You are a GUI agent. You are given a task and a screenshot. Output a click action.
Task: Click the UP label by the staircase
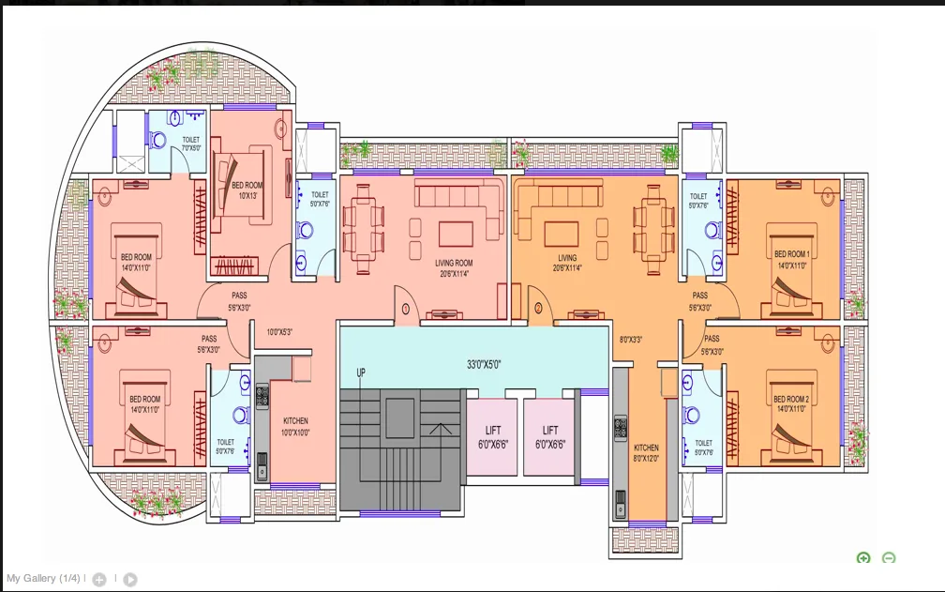(x=360, y=373)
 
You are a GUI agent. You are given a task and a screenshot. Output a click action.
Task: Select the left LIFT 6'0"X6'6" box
(x=492, y=437)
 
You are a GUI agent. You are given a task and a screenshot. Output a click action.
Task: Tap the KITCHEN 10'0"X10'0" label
(x=295, y=427)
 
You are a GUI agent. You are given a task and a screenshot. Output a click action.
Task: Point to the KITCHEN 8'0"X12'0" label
(x=646, y=453)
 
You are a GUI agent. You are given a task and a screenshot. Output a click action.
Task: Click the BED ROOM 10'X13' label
(x=247, y=190)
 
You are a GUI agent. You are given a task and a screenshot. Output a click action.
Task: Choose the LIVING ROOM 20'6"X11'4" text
(x=454, y=268)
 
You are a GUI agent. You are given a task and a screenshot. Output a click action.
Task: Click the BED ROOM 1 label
(x=791, y=259)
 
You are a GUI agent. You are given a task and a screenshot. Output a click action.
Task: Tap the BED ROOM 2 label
(x=791, y=404)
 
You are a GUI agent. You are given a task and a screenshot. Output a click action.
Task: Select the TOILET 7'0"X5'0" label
(x=190, y=144)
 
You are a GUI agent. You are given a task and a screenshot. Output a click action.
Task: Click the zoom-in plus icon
(x=863, y=558)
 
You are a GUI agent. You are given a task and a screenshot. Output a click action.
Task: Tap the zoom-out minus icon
(x=889, y=558)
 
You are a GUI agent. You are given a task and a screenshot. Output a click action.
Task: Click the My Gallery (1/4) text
(x=44, y=578)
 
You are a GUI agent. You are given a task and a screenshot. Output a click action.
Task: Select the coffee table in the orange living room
(x=562, y=232)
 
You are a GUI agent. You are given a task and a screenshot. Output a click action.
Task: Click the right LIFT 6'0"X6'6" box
(x=550, y=437)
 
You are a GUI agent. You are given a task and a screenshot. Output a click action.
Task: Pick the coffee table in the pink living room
(x=456, y=233)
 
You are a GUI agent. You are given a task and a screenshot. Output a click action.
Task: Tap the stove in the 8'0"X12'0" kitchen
(x=620, y=428)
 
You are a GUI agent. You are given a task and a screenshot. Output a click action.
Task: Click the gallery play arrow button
(x=130, y=580)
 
